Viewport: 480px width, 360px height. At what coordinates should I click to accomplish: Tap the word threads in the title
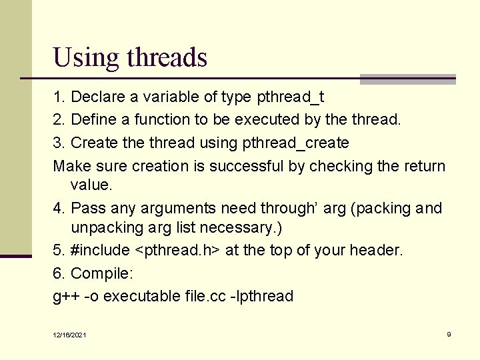coord(167,57)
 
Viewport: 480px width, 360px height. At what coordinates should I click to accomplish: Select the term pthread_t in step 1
coord(290,97)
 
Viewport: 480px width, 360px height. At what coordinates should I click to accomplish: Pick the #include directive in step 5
coord(100,251)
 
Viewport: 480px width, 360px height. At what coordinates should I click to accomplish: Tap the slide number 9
coord(449,334)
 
